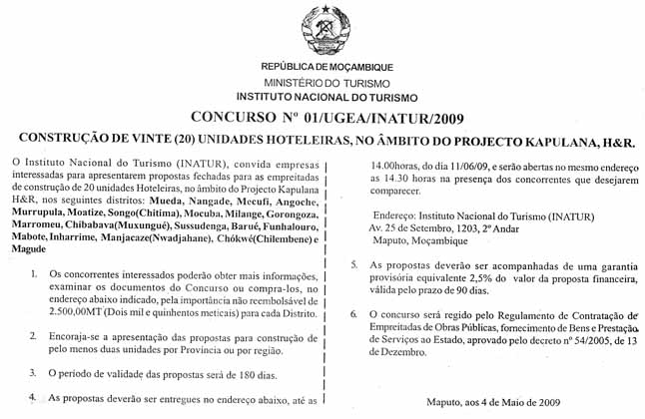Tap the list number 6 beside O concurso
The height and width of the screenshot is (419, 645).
click(355, 314)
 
